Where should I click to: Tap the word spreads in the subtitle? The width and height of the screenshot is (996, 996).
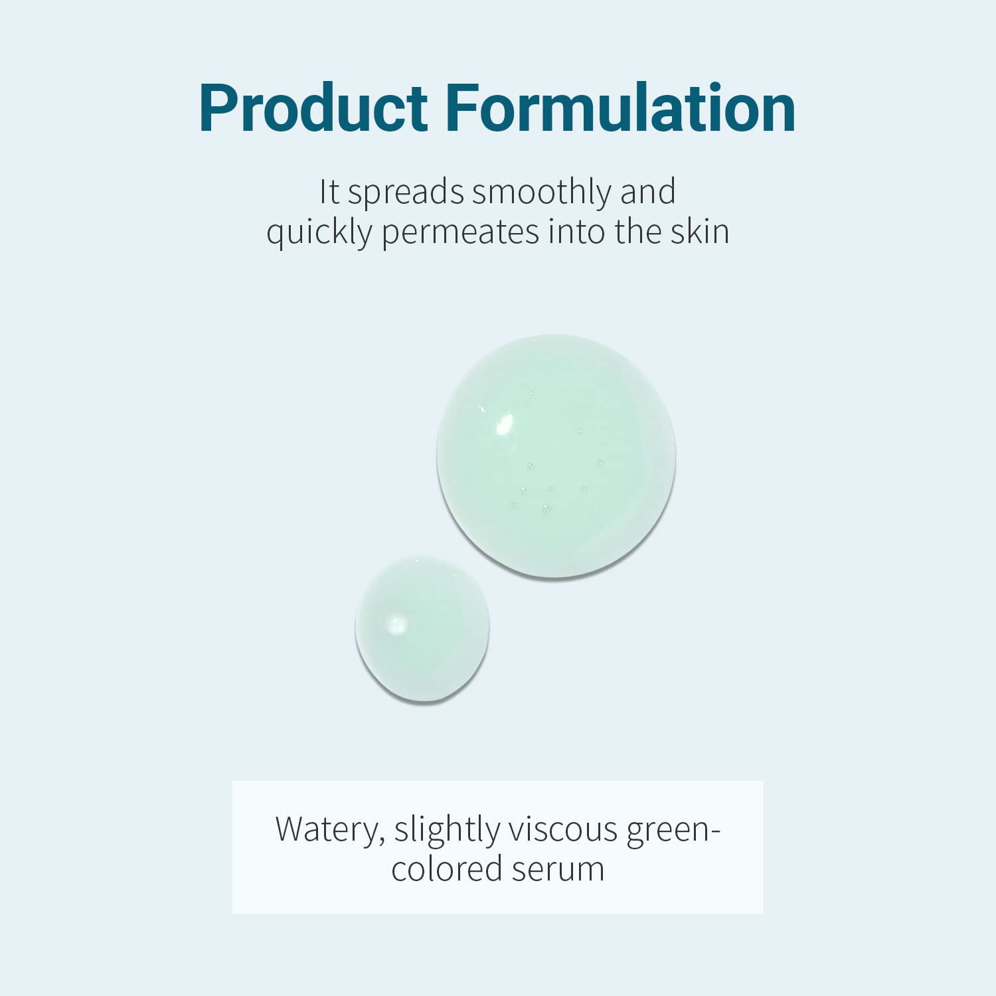coord(406,192)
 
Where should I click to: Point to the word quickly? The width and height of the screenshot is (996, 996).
coord(319,233)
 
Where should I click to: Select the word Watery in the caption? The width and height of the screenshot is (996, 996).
coord(329,829)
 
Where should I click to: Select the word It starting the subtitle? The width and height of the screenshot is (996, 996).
coord(329,192)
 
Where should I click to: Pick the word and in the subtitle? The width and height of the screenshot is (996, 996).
coord(647,192)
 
